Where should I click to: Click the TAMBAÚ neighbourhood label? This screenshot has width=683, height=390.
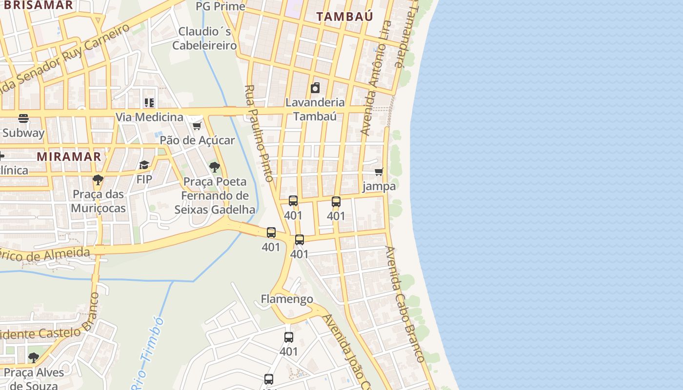(x=344, y=17)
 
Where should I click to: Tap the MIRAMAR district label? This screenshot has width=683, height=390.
(x=69, y=156)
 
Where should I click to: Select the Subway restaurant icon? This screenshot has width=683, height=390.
(x=23, y=118)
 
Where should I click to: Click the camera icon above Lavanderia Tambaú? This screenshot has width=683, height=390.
(x=315, y=88)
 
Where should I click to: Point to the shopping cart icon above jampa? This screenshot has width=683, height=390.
(x=379, y=172)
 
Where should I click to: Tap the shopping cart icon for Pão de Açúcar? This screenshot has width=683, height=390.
(x=197, y=126)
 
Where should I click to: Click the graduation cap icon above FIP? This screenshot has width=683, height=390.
(x=144, y=165)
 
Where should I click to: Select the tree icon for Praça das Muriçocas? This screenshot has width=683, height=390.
(x=98, y=179)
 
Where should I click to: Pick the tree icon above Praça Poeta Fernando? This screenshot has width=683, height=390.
(x=214, y=168)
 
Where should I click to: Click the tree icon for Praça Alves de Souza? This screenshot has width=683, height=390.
(x=33, y=358)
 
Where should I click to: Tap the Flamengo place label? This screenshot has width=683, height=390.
(x=287, y=299)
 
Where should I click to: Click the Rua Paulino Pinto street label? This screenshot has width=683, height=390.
(x=259, y=133)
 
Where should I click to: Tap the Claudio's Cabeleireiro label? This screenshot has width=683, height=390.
(x=204, y=39)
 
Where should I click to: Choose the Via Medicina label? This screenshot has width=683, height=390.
(x=149, y=117)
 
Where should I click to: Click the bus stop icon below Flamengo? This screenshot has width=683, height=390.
(x=289, y=337)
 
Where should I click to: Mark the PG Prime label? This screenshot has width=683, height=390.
(x=220, y=6)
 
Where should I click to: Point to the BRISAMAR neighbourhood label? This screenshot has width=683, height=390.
(x=36, y=5)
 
